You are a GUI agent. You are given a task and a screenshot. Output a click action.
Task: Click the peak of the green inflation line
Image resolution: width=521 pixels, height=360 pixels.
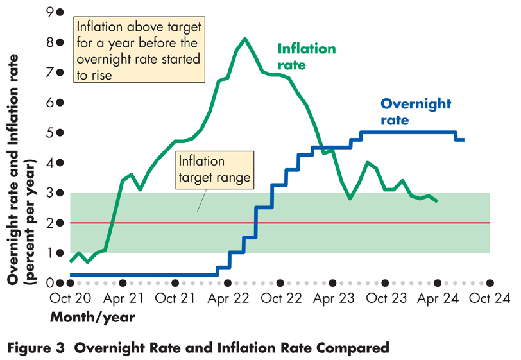pyautogui.click(x=245, y=39)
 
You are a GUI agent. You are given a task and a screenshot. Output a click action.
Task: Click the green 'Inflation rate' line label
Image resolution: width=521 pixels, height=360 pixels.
pyautogui.click(x=306, y=56)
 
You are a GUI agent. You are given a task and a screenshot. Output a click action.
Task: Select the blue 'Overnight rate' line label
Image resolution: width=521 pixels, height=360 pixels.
pyautogui.click(x=416, y=112)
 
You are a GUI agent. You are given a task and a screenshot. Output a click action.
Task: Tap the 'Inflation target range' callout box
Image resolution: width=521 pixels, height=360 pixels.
pyautogui.click(x=213, y=168)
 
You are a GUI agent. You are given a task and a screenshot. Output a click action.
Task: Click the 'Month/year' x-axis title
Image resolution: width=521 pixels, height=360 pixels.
pyautogui.click(x=92, y=317)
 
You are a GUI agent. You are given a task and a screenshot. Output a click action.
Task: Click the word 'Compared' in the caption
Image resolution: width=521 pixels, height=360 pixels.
pyautogui.click(x=356, y=348)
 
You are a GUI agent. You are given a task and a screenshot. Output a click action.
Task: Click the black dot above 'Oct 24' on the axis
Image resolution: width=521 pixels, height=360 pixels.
pyautogui.click(x=490, y=282)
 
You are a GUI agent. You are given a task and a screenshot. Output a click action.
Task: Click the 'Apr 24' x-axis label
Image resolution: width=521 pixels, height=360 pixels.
pyautogui.click(x=437, y=299)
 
